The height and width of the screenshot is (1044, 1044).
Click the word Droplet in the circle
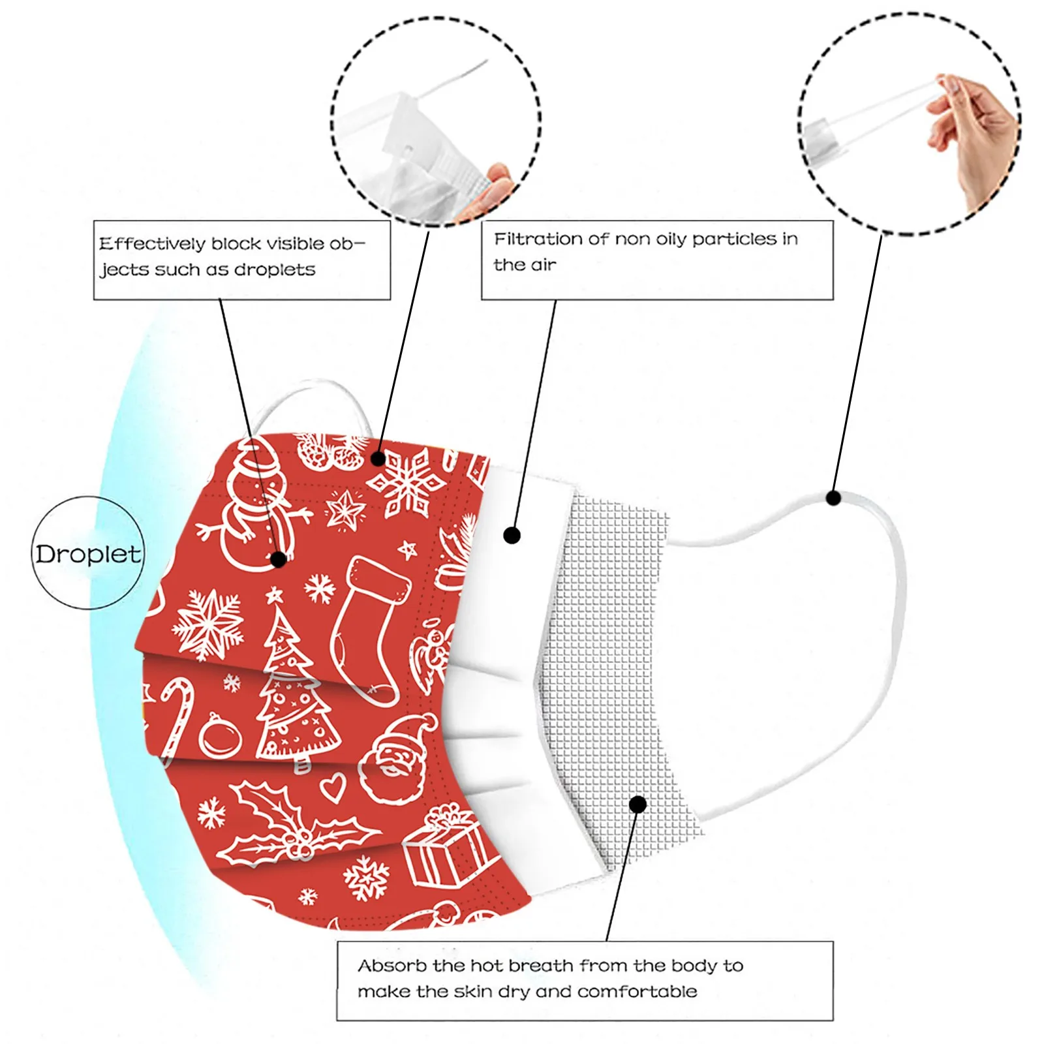(87, 555)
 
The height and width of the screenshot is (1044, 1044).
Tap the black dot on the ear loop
(833, 498)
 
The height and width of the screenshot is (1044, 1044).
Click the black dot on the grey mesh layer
(638, 804)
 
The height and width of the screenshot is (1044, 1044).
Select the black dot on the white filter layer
(512, 536)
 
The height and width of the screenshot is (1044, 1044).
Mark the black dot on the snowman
(279, 559)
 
